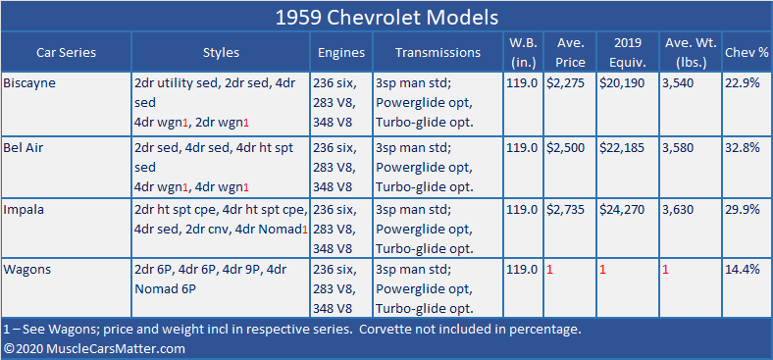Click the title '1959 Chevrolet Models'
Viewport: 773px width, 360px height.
386,18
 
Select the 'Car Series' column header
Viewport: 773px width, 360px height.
66,53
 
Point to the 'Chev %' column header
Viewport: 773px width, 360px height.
746,53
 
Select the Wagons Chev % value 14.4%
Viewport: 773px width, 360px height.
743,270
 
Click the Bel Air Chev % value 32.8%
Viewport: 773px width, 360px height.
743,146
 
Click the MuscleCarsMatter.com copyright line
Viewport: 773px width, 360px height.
94,348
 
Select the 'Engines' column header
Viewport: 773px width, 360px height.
340,53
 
